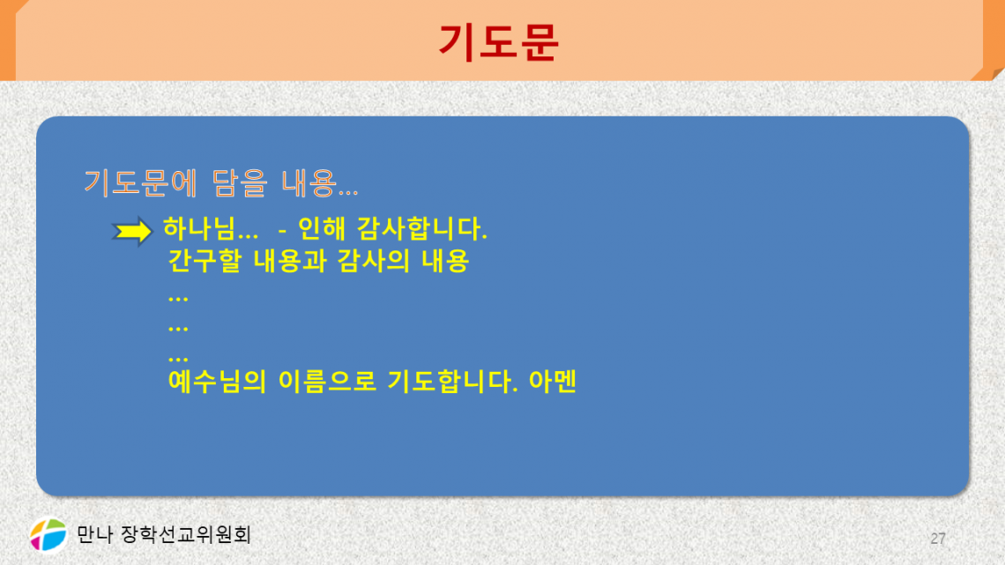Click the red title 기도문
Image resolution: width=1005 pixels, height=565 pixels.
pos(498,42)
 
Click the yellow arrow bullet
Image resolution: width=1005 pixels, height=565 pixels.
pos(131,232)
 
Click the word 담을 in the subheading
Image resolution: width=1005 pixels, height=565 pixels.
pos(239,183)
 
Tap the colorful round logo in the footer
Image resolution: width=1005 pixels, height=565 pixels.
pos(48,535)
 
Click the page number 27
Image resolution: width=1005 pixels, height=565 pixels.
pos(937,539)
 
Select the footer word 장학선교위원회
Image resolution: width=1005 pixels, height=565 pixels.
pos(186,535)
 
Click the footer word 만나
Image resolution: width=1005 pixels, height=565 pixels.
pos(93,535)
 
